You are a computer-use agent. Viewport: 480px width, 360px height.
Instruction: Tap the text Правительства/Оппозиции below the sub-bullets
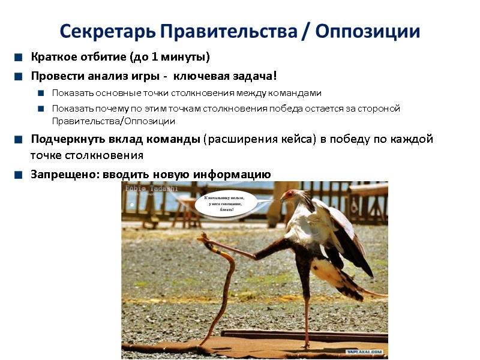point(113,121)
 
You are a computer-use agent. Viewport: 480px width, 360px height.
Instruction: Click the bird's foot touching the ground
point(306,345)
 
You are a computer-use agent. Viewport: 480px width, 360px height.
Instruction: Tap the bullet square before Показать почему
point(41,109)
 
